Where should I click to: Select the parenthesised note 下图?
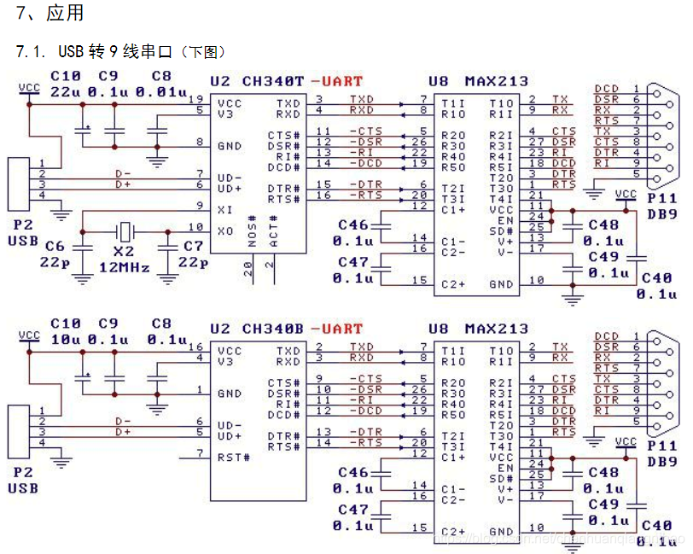point(206,53)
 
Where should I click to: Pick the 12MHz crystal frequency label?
point(124,268)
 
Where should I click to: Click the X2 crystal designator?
point(125,252)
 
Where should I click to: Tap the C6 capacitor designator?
point(55,246)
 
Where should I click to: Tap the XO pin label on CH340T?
point(225,230)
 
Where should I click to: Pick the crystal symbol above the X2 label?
point(125,230)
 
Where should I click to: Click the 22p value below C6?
point(55,262)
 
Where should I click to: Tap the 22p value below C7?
point(192,262)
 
